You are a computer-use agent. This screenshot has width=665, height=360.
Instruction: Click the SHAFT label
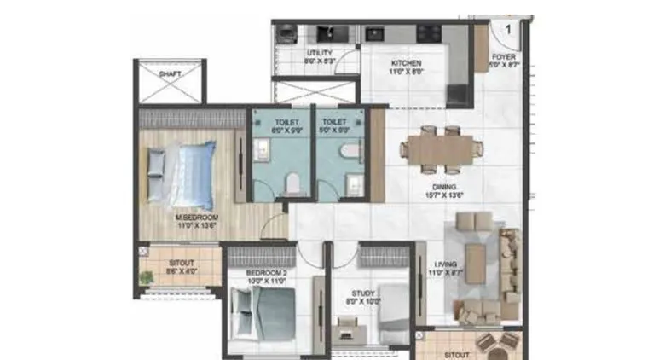[170, 74]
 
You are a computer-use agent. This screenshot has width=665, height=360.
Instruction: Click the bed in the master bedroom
[182, 176]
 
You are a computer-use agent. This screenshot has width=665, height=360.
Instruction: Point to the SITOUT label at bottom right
[457, 353]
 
